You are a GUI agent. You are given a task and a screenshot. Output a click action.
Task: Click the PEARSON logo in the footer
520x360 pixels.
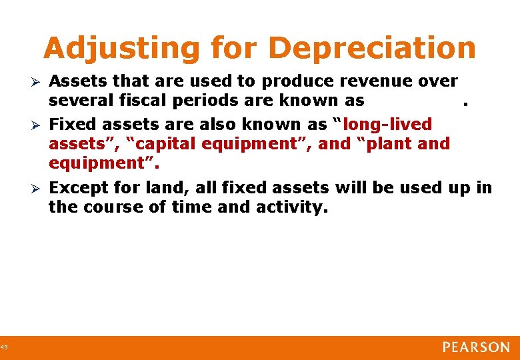point(476,347)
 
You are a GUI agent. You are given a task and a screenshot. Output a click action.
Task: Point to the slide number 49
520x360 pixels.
point(4,347)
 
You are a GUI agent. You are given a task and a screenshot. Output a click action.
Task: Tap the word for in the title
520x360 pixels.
point(228,49)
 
